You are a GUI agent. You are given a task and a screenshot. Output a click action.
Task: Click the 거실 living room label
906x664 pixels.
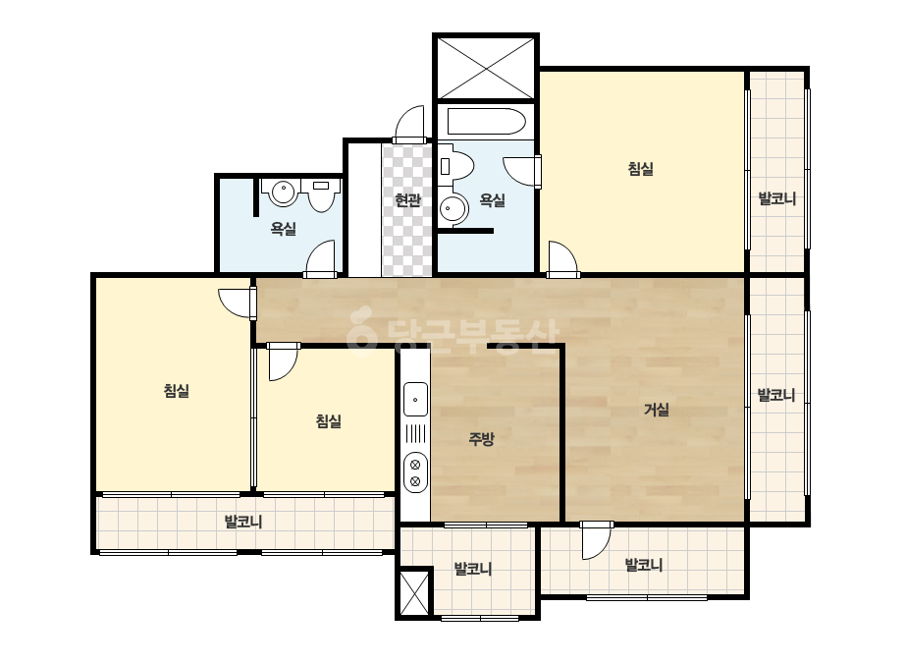[x=657, y=410]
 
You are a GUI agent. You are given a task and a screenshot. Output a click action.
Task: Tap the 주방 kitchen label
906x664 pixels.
[x=481, y=439]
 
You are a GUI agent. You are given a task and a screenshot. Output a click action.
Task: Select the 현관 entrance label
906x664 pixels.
[x=407, y=200]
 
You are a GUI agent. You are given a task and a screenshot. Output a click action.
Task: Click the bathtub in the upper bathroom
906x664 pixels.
[x=486, y=122]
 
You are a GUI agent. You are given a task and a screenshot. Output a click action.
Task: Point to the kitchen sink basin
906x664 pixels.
[x=415, y=399]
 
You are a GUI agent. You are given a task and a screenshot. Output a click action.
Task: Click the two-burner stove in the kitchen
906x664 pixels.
[x=415, y=472]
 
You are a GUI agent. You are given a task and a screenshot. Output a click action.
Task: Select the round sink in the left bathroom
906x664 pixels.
[x=283, y=193]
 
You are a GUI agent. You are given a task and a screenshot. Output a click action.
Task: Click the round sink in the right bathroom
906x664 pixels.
[x=453, y=209]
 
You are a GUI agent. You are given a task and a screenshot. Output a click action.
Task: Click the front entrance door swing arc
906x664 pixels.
[x=409, y=124]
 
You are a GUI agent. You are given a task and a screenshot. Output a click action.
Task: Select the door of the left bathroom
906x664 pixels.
[x=320, y=258]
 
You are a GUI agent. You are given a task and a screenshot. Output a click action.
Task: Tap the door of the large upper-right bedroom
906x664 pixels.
[x=562, y=259]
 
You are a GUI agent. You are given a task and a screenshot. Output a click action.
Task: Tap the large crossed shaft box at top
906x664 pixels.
[x=486, y=69]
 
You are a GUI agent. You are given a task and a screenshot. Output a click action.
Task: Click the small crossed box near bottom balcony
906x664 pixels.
[x=414, y=593]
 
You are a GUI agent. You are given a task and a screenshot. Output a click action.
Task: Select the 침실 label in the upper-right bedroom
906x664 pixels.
[x=640, y=169]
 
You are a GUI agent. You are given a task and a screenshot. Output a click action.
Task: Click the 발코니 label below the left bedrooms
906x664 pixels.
[x=243, y=523]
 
